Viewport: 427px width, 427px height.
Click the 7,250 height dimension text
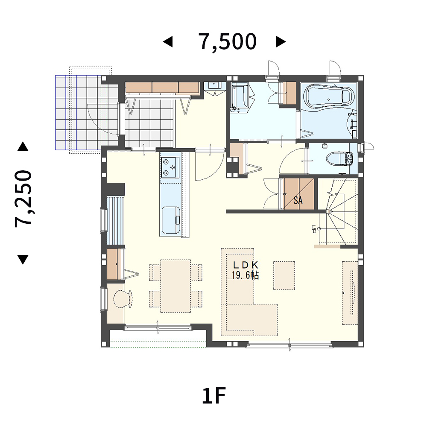23,199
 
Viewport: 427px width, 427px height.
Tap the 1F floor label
214,396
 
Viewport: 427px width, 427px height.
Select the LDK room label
246,265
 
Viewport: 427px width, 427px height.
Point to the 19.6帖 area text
245,275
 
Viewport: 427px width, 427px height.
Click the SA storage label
298,200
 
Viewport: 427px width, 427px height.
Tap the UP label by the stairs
313,229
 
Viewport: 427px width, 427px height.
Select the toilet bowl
339,159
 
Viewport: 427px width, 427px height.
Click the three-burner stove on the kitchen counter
170,167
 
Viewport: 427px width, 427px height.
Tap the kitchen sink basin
171,220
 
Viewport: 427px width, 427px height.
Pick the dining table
175,286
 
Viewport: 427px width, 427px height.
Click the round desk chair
123,299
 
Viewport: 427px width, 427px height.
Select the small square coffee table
284,275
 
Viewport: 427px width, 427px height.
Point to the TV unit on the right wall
350,293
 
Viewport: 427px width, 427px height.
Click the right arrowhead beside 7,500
281,42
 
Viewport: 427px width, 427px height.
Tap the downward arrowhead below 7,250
23,260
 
